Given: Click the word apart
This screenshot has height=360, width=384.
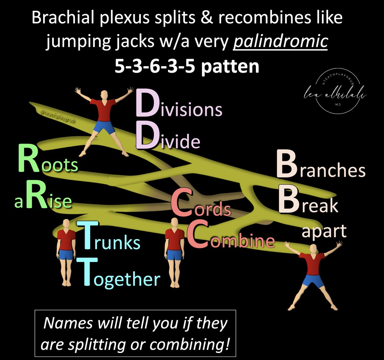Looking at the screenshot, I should pyautogui.click(x=324, y=231).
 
